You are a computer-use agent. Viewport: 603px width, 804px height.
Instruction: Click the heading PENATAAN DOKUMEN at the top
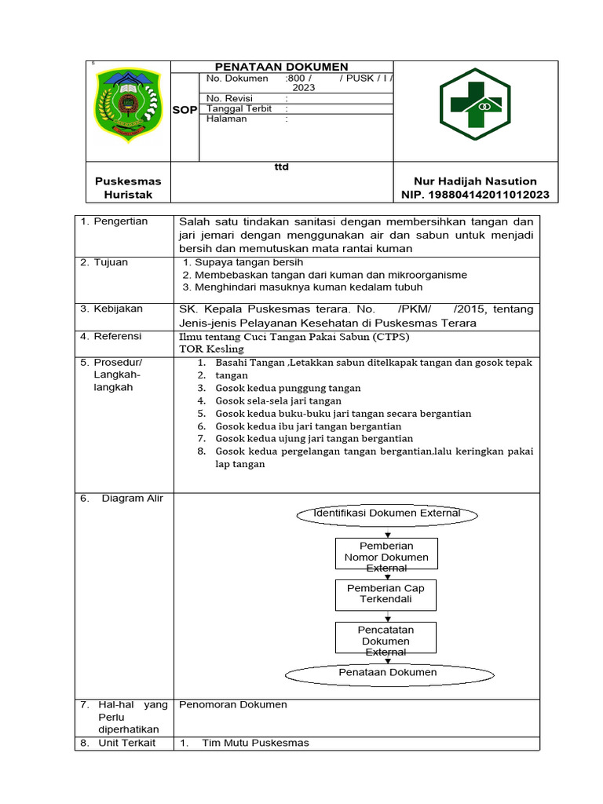(282, 68)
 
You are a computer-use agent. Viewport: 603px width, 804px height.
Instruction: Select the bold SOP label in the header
(185, 110)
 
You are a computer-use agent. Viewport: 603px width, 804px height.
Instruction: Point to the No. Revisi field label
(226, 98)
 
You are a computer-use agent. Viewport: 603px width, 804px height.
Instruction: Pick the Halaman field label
(226, 119)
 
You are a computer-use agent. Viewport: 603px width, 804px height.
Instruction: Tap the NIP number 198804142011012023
(475, 195)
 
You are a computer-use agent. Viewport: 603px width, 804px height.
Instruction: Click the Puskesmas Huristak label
(122, 188)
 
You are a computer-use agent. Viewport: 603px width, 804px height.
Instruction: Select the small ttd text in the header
(281, 167)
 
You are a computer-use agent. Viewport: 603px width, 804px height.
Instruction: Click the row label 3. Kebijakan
(114, 309)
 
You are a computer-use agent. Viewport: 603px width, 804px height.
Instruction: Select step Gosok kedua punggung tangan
(288, 388)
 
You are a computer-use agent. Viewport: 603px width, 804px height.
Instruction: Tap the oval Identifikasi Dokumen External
(386, 513)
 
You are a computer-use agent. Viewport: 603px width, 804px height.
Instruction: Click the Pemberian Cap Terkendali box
(386, 594)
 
